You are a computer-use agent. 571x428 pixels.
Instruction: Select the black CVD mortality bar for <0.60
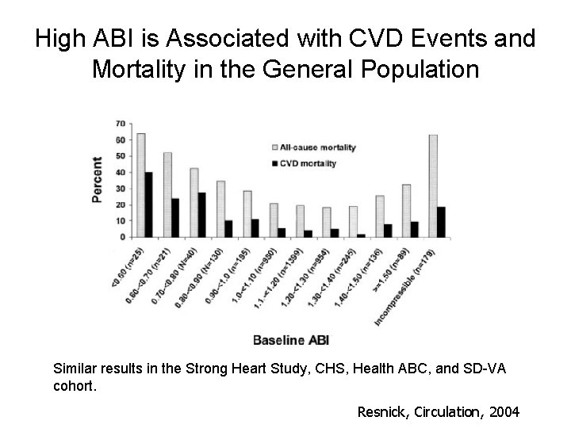[148, 204]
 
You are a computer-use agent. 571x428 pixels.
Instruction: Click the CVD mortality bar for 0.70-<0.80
[201, 215]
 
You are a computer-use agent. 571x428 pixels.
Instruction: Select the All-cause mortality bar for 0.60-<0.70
[167, 194]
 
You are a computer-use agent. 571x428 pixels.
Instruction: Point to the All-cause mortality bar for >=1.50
[407, 211]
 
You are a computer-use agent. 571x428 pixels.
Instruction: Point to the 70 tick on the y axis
[119, 124]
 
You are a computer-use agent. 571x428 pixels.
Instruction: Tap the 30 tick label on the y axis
[119, 189]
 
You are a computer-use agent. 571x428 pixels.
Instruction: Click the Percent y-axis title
[97, 179]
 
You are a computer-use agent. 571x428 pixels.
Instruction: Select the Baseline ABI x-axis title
[290, 340]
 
